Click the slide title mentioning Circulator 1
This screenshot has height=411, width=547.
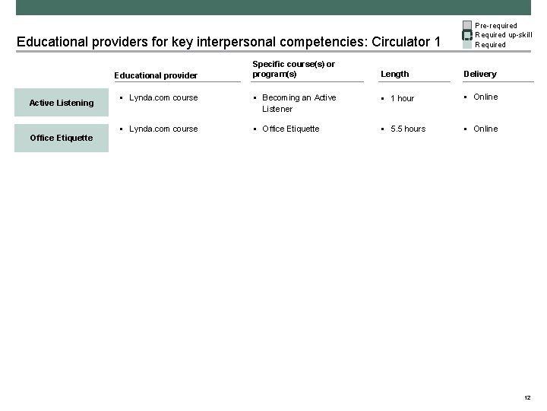228,41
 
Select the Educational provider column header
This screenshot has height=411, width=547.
156,75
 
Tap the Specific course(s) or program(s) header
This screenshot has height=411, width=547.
293,69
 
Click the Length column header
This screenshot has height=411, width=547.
394,74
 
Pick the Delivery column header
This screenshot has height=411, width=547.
480,74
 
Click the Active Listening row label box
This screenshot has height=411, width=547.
62,103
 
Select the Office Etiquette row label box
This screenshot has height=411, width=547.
62,138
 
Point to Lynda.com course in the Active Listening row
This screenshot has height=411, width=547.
163,97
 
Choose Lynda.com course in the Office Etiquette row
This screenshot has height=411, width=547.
163,129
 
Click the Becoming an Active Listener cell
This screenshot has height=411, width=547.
299,104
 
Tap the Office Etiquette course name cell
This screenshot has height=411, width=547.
290,129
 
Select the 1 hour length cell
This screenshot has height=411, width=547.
402,98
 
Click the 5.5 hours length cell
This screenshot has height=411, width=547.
407,129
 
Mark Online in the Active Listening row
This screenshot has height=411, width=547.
485,97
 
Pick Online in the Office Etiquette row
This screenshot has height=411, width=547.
485,129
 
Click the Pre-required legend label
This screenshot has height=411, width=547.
495,26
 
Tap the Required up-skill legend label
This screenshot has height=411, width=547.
503,35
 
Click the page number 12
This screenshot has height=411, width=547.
527,398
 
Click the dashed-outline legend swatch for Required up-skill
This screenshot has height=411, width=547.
467,35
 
